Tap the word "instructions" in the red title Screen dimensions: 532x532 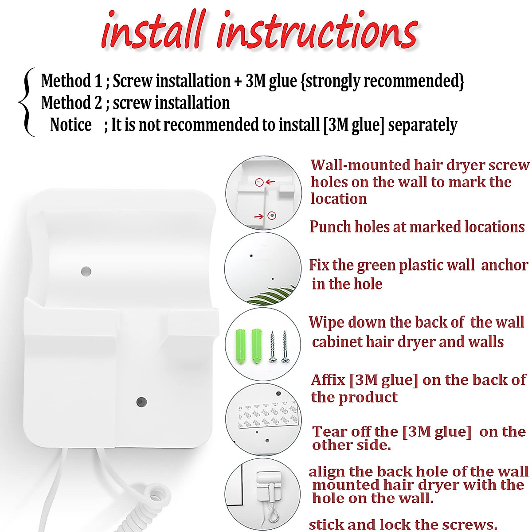(x=317, y=31)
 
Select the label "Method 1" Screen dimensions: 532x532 (x=71, y=81)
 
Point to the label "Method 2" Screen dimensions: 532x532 (x=71, y=103)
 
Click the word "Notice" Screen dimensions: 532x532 (x=71, y=125)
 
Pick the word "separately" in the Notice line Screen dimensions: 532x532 (x=422, y=125)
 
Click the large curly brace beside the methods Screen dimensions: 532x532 (x=26, y=102)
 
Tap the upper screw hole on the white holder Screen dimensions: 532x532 (x=86, y=270)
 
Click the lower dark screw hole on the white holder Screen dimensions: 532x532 (x=141, y=402)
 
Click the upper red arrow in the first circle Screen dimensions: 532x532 (x=270, y=182)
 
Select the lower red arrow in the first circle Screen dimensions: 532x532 (x=258, y=216)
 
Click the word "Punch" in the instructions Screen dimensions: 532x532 (x=326, y=227)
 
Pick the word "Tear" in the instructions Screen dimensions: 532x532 (x=326, y=431)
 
